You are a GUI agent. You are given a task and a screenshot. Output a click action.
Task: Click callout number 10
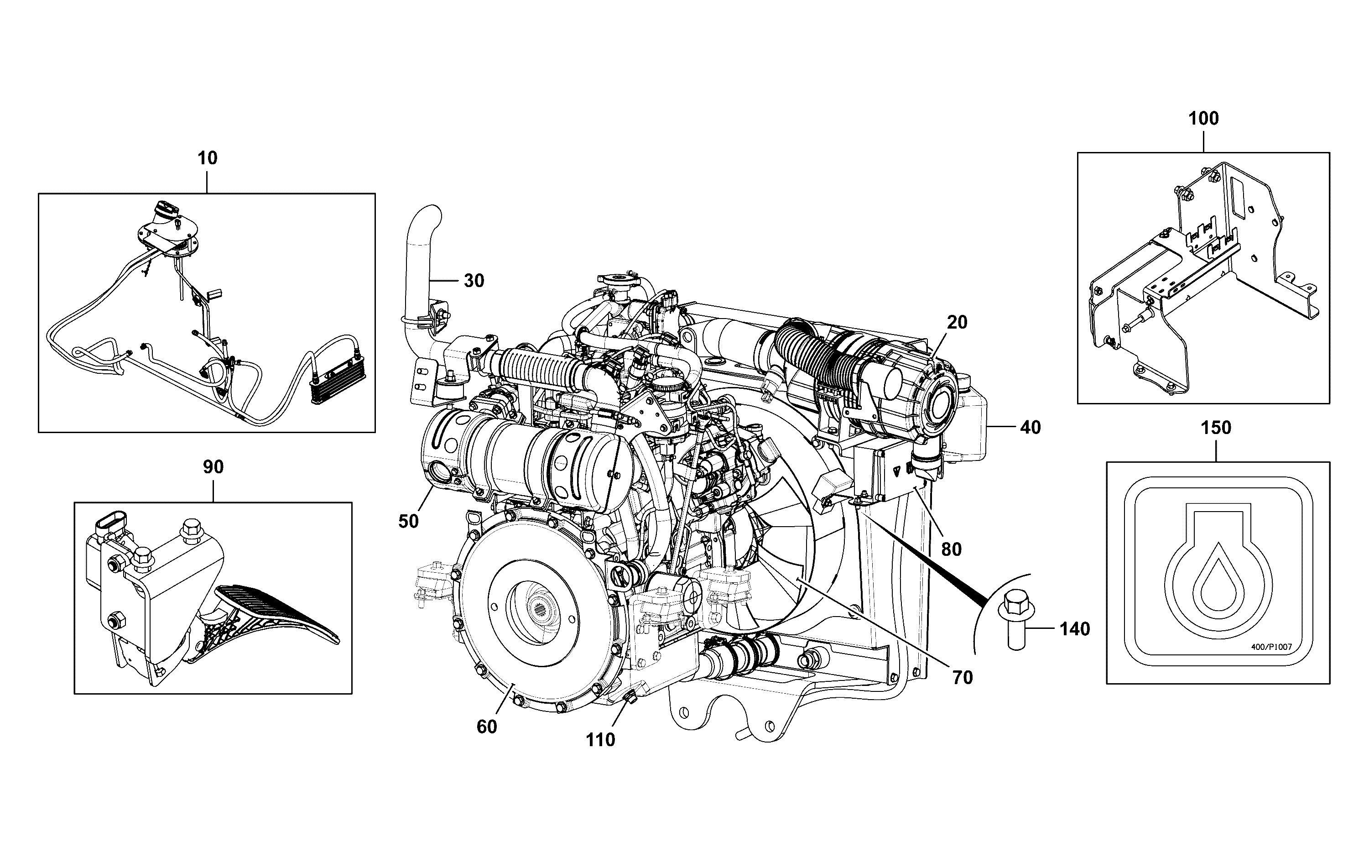pos(208,158)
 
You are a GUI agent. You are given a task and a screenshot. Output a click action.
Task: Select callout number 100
pos(1203,118)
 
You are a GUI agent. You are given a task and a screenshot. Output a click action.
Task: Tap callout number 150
pos(1216,428)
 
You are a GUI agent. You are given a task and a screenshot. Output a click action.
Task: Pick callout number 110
pos(600,740)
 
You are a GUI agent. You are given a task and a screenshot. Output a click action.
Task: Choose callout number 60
pos(487,727)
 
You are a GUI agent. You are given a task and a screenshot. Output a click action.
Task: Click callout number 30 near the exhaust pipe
pos(474,281)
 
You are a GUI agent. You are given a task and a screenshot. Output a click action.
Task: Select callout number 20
pos(958,323)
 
